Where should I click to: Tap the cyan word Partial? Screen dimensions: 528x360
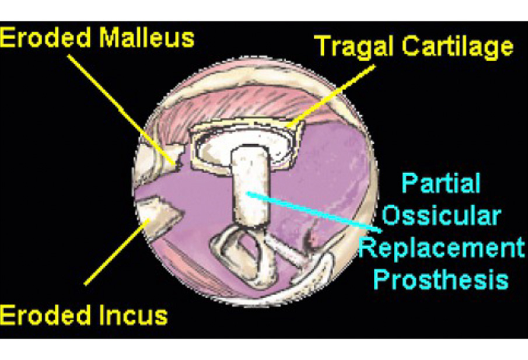click(x=441, y=183)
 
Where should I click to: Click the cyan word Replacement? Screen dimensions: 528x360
click(x=442, y=248)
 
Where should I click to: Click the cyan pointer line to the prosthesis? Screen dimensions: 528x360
click(x=314, y=212)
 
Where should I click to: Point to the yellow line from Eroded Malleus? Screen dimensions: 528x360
click(x=122, y=110)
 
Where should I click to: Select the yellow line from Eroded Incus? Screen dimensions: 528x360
click(x=117, y=251)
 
